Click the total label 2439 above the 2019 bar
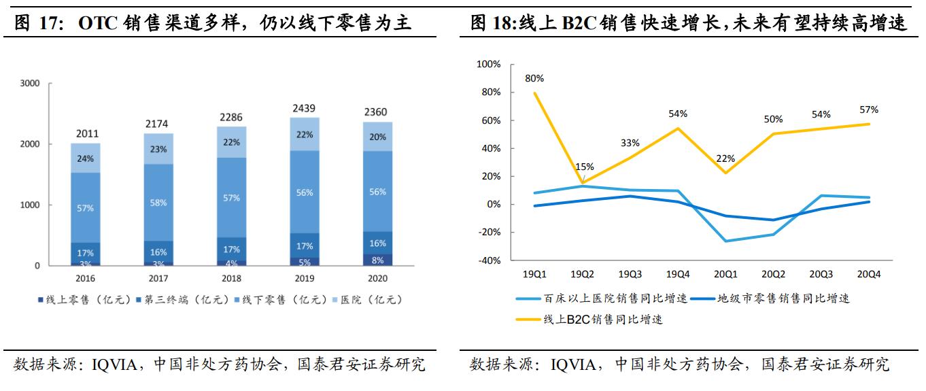pyautogui.click(x=304, y=108)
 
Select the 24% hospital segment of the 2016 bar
pyautogui.click(x=86, y=158)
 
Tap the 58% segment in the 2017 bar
pyautogui.click(x=159, y=203)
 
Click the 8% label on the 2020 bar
pyautogui.click(x=377, y=259)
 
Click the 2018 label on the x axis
pyautogui.click(x=232, y=279)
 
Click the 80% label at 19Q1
pyautogui.click(x=534, y=78)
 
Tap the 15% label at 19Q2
pyautogui.click(x=585, y=167)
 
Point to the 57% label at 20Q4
pyautogui.click(x=868, y=109)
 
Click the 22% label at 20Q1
pyautogui.click(x=726, y=158)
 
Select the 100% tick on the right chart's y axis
pyautogui.click(x=489, y=64)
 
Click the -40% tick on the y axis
pyautogui.click(x=489, y=260)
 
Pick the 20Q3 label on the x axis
pyautogui.click(x=821, y=274)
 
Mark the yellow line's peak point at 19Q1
pyautogui.click(x=535, y=92)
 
